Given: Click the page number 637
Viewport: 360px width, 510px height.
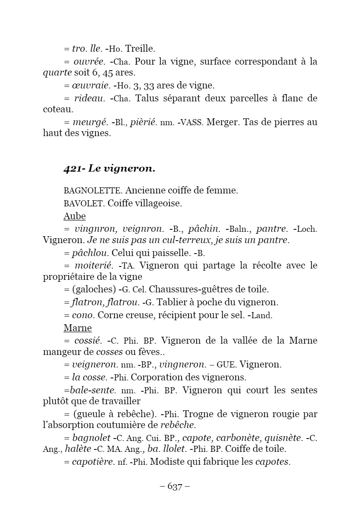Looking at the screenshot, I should tap(175, 487).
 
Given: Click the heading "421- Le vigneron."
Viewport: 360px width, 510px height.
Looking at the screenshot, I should tap(109, 169).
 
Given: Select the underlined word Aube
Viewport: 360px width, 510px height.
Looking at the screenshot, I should tap(75, 216).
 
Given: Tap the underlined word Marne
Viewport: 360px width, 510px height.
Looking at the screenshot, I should tap(78, 327).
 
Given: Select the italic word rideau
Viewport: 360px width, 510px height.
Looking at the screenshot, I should tap(89, 98).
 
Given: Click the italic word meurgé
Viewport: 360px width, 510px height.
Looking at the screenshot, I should tap(90, 122).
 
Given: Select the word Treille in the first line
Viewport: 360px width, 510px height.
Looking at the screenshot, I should tap(140, 49).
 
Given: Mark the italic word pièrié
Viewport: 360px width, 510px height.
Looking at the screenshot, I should tap(143, 122).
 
